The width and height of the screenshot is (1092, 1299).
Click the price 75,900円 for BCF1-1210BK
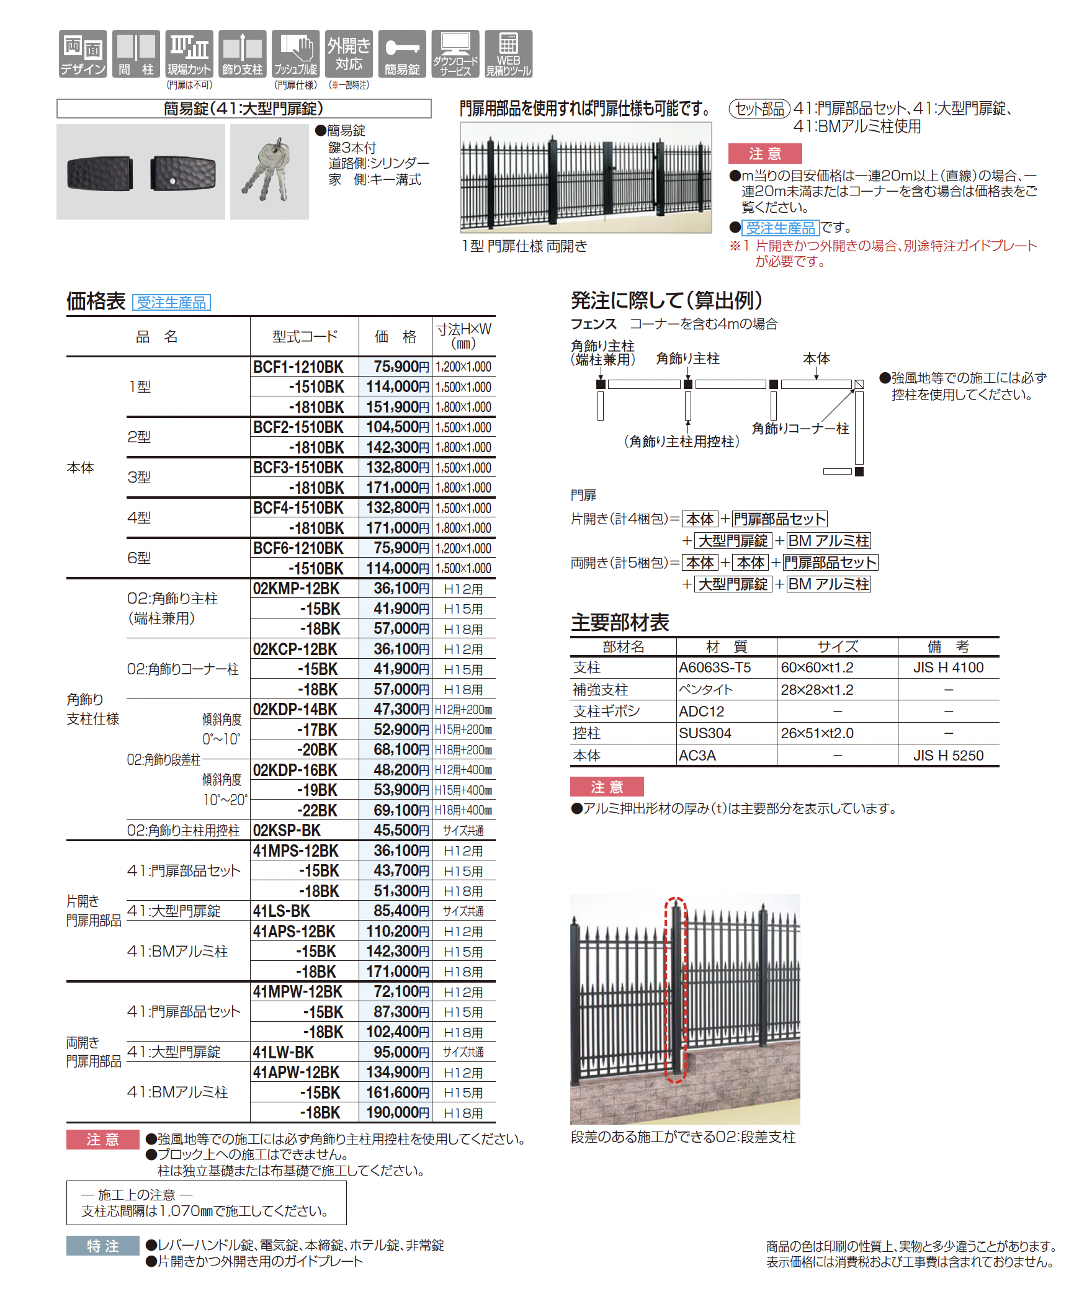[400, 367]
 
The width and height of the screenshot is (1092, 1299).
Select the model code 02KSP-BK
[287, 831]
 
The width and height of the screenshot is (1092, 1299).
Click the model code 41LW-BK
[284, 1052]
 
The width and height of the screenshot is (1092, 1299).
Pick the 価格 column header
[395, 337]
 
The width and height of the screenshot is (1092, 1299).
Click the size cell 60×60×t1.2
[817, 667]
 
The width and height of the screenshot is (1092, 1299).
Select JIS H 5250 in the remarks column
[947, 756]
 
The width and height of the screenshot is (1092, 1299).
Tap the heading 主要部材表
[620, 622]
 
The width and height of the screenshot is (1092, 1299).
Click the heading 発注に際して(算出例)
[666, 301]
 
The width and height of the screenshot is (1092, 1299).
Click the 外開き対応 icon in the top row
[349, 54]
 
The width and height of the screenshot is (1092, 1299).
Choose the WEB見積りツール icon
[508, 54]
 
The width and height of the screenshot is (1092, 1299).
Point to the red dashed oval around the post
[676, 989]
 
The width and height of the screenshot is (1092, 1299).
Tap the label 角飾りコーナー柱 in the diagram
[800, 429]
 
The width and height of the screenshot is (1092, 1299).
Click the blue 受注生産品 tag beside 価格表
[171, 303]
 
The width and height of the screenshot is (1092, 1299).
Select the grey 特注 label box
[102, 1246]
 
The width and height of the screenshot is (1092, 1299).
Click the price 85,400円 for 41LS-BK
[400, 911]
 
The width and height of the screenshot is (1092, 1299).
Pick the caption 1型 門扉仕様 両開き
[524, 246]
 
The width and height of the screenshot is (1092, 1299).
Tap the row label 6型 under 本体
[139, 558]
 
